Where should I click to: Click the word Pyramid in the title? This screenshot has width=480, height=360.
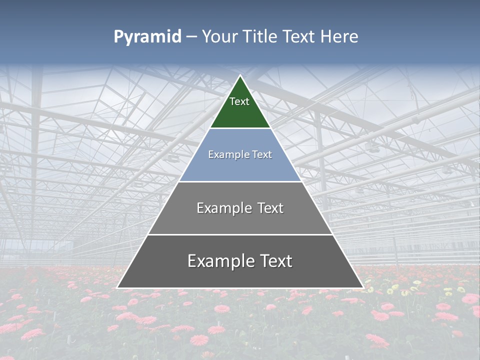(x=147, y=37)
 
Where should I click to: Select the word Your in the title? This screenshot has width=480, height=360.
(x=220, y=37)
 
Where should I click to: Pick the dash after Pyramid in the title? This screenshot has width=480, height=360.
(x=191, y=37)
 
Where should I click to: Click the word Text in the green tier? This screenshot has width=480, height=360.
(x=239, y=101)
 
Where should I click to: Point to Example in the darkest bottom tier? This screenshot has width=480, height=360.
(x=217, y=261)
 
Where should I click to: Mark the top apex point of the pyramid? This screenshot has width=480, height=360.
(x=240, y=75)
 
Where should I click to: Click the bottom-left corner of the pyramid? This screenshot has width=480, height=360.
(x=117, y=288)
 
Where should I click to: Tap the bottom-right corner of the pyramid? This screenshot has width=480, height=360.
(x=363, y=288)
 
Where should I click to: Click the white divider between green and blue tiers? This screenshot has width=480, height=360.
(x=240, y=128)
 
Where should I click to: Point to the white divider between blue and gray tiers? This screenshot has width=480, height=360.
(x=240, y=181)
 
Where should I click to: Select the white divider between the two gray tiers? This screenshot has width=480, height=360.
(x=240, y=234)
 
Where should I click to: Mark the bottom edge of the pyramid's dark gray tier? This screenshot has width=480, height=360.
(x=240, y=288)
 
